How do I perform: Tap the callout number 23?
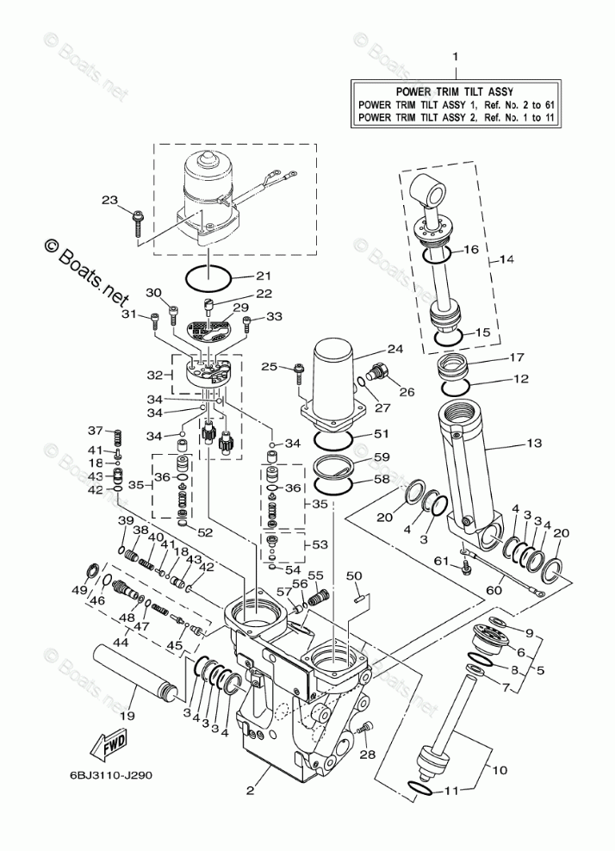109,201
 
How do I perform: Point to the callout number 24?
395,349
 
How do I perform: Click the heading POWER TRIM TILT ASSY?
454,91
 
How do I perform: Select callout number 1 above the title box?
456,57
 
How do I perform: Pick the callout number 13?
534,444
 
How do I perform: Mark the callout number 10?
500,769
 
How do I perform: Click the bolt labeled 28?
366,729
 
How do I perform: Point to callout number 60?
494,591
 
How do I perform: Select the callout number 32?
155,375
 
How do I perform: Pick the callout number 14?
506,259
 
